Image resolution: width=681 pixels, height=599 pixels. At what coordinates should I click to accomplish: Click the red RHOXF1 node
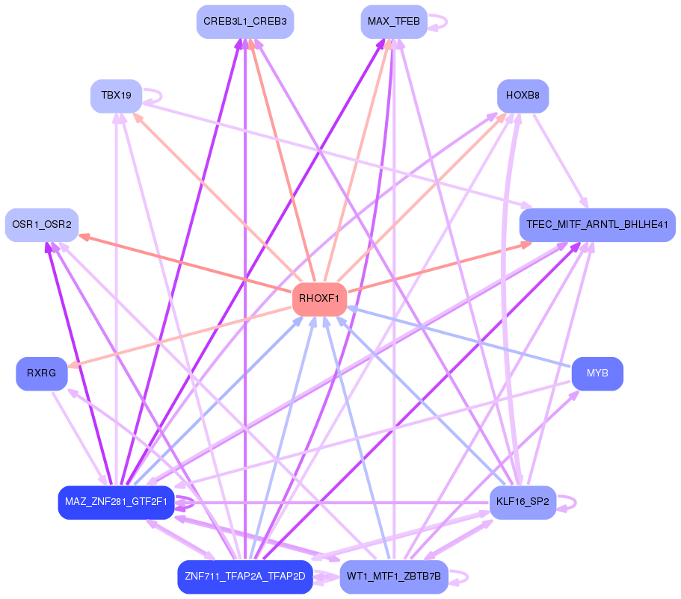tap(319, 299)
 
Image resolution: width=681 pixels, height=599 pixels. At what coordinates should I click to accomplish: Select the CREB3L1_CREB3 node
tap(245, 22)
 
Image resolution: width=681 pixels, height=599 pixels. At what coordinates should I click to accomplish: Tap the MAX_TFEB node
tap(394, 22)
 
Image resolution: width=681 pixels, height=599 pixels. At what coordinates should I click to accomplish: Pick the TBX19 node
tap(116, 96)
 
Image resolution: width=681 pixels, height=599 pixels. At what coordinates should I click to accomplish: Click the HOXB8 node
tap(523, 96)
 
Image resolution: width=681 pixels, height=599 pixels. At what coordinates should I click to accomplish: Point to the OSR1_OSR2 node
tap(42, 225)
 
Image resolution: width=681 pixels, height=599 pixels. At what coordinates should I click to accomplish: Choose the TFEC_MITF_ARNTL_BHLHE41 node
tap(597, 225)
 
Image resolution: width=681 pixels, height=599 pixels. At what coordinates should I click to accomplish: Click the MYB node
tap(597, 373)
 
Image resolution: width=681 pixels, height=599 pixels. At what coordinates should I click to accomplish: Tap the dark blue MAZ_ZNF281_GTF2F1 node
tap(116, 502)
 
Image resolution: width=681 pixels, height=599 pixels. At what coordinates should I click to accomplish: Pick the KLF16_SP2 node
tap(523, 502)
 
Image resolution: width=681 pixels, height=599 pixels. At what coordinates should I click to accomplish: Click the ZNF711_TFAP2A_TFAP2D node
tap(244, 577)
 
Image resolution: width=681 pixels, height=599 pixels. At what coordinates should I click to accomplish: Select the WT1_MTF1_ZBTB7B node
tap(394, 577)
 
